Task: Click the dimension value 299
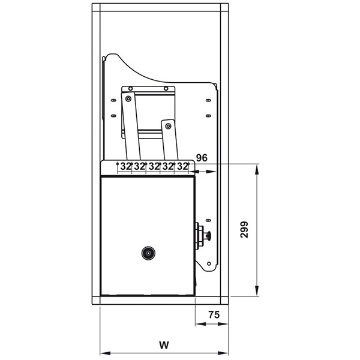(x=244, y=230)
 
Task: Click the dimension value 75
(x=214, y=315)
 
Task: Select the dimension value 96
(x=202, y=158)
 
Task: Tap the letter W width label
(x=164, y=345)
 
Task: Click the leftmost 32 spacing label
(x=126, y=166)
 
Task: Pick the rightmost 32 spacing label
(x=182, y=166)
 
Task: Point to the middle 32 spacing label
(x=154, y=166)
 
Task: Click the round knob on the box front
(x=148, y=253)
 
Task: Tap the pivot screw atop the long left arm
(x=128, y=99)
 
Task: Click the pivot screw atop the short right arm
(x=168, y=126)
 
